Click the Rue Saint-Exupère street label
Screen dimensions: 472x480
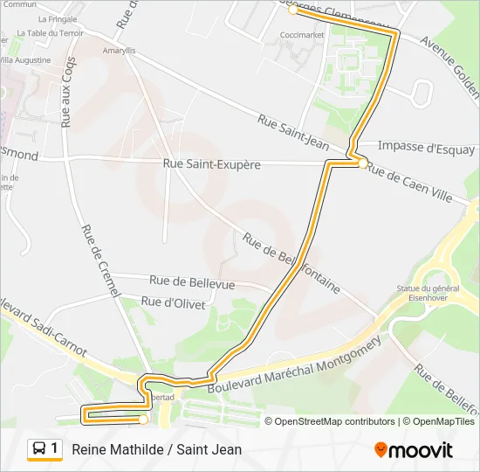click(211, 164)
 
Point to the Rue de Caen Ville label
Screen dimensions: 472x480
click(409, 184)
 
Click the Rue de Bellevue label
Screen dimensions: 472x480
click(192, 282)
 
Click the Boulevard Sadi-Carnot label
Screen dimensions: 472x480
click(44, 331)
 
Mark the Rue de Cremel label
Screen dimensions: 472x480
click(103, 263)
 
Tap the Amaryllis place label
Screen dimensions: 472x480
click(120, 51)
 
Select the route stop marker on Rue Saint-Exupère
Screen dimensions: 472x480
click(362, 162)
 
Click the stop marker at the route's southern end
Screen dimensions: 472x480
click(142, 420)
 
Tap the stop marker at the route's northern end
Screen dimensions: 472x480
click(292, 10)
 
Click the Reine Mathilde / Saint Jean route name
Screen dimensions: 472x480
click(157, 449)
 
